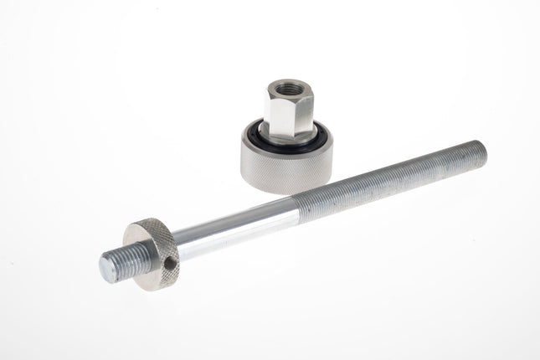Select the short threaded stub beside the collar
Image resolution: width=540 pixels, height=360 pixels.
117,264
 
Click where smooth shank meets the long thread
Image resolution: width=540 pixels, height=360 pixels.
299,208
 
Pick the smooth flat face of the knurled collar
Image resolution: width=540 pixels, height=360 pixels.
142,255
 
